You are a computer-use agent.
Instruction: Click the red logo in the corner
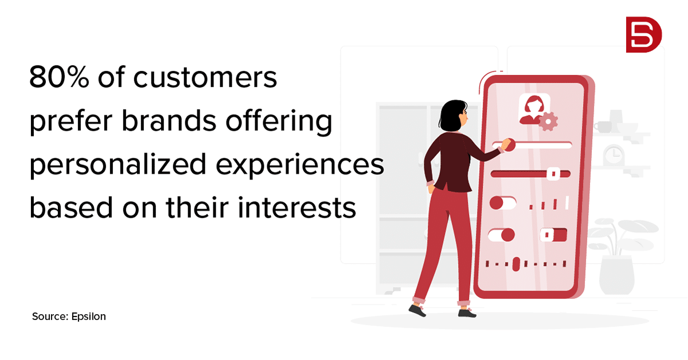click(644, 35)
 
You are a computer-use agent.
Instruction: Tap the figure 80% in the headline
click(59, 77)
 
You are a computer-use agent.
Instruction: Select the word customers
click(205, 77)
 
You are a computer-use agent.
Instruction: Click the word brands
click(169, 120)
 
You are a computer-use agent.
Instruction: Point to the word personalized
click(118, 164)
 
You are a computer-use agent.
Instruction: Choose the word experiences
click(300, 164)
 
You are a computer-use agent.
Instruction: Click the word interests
click(297, 208)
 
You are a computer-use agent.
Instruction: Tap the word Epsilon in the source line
click(88, 316)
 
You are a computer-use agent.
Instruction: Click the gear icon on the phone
click(548, 122)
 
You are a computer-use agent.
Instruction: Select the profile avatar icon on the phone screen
click(534, 109)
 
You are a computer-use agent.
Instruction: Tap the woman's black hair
click(452, 115)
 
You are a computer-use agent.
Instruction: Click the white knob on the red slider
click(553, 174)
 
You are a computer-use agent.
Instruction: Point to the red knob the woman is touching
click(509, 145)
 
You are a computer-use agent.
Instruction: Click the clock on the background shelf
click(613, 155)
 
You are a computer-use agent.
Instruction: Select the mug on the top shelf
click(603, 127)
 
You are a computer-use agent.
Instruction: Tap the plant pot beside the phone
click(617, 275)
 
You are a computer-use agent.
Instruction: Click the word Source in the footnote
click(50, 316)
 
